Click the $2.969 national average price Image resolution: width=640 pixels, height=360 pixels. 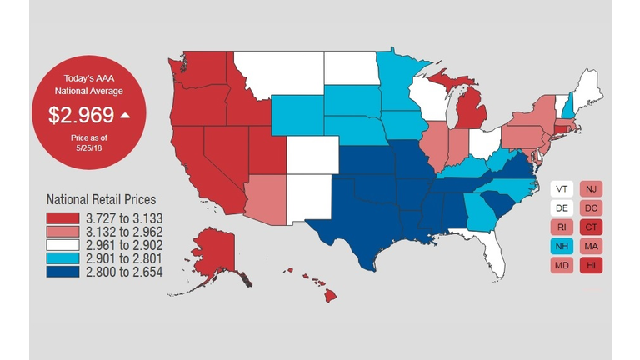pos(82,115)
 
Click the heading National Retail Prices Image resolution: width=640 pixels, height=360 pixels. pos(101,200)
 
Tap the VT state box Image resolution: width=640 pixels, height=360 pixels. pos(562,189)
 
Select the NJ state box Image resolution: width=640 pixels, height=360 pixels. pos(592,189)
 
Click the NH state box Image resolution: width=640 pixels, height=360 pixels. pos(562,247)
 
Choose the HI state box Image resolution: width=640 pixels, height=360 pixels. pos(592,266)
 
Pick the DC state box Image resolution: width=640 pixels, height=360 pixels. pos(592,208)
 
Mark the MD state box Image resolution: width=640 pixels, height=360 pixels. pos(562,266)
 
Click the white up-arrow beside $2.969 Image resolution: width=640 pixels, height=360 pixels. pos(124,115)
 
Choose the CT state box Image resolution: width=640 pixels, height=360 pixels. pos(592,227)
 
